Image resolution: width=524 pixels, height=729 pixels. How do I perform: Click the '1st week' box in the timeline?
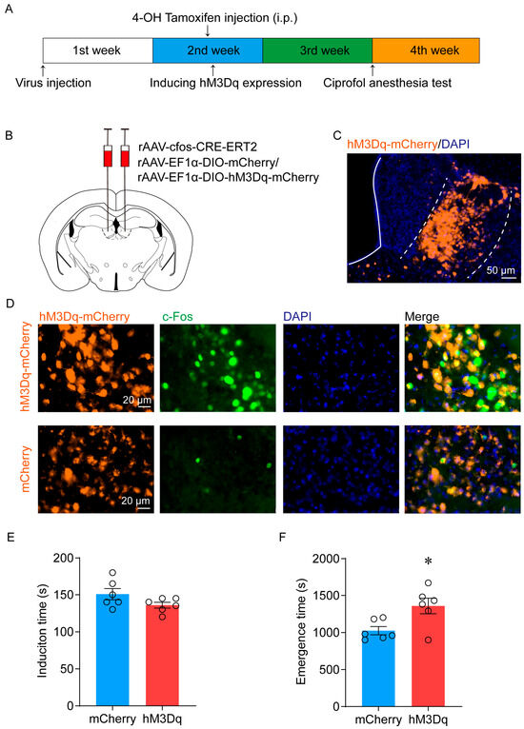[x=98, y=49]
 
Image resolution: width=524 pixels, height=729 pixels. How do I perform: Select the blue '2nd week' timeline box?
[x=208, y=49]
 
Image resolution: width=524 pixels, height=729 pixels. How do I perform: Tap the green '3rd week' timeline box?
[x=317, y=49]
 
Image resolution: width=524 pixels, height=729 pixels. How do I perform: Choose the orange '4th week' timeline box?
[x=426, y=49]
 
